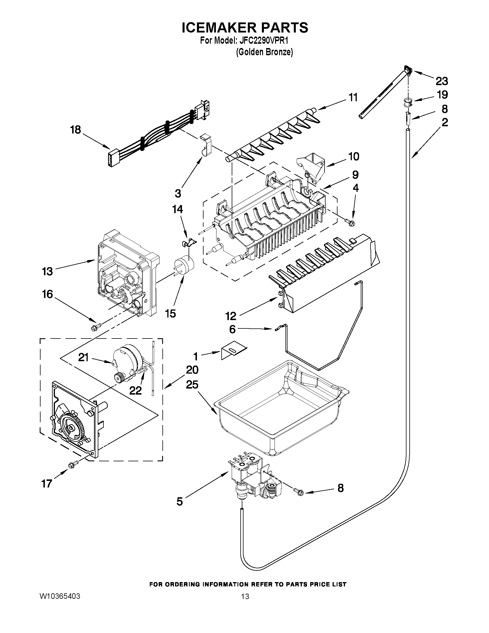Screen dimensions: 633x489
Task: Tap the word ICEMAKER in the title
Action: [x=219, y=28]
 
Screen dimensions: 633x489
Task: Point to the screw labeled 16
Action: [x=95, y=328]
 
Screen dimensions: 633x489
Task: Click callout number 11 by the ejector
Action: [x=352, y=98]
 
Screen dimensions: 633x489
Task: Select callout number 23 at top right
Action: [x=442, y=81]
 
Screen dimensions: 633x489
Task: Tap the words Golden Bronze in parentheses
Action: [x=264, y=52]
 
